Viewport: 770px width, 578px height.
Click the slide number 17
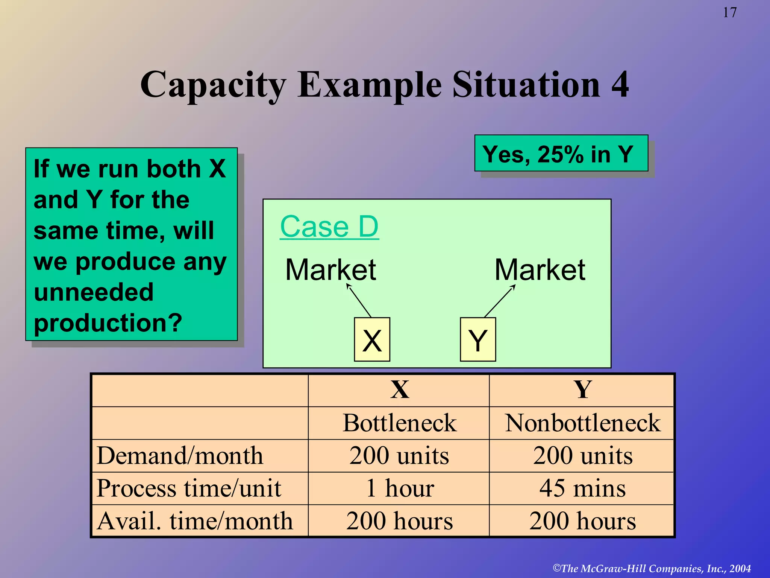(729, 13)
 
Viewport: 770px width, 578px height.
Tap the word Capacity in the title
(213, 85)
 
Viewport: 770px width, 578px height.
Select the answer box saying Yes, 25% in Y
(561, 154)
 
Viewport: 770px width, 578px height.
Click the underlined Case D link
(329, 227)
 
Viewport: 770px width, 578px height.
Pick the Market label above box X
(330, 270)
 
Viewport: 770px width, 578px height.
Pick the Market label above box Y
(540, 270)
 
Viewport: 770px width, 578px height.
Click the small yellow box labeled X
(372, 339)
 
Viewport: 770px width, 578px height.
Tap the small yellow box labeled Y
(478, 339)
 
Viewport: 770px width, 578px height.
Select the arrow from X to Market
(359, 301)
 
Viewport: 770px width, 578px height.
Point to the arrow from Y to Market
(500, 301)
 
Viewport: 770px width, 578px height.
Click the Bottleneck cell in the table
(399, 423)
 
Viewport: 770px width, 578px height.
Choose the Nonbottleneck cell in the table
(582, 423)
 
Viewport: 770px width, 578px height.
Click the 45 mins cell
(582, 488)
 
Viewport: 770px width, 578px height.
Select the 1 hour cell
(399, 488)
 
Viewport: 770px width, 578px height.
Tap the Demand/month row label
(180, 456)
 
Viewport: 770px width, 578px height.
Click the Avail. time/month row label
(194, 521)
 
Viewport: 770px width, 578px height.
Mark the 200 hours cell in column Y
(582, 521)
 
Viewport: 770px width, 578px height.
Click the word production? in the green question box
(108, 323)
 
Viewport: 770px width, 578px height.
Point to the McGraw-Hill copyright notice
(652, 568)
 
